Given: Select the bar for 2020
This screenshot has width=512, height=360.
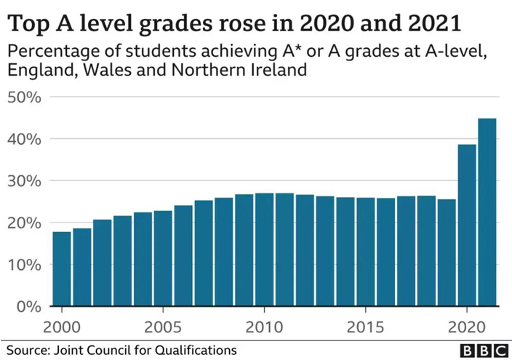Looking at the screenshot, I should [466, 225].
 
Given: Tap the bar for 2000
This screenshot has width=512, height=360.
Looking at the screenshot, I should [62, 269].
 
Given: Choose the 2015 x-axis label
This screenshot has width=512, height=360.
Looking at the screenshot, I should [365, 324].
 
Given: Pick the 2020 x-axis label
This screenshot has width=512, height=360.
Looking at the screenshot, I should [466, 324].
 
